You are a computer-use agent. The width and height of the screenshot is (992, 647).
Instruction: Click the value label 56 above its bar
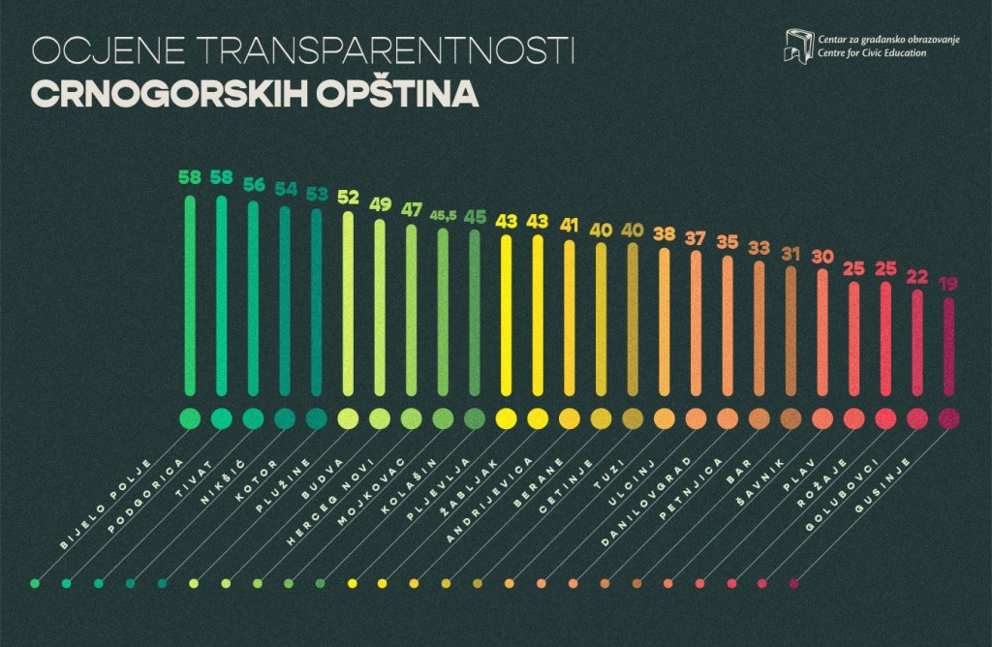[254, 184]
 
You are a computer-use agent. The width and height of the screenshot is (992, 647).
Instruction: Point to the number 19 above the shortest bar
[949, 284]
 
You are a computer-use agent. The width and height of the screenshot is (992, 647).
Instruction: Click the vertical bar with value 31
[790, 329]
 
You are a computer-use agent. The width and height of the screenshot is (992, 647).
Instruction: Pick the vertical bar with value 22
[917, 342]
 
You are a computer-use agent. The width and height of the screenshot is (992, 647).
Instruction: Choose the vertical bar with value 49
[380, 310]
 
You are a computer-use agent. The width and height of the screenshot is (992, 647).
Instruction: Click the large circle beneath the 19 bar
[949, 418]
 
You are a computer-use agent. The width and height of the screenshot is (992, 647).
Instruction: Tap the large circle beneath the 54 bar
[285, 418]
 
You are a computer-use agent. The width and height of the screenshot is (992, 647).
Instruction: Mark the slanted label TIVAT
[194, 475]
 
